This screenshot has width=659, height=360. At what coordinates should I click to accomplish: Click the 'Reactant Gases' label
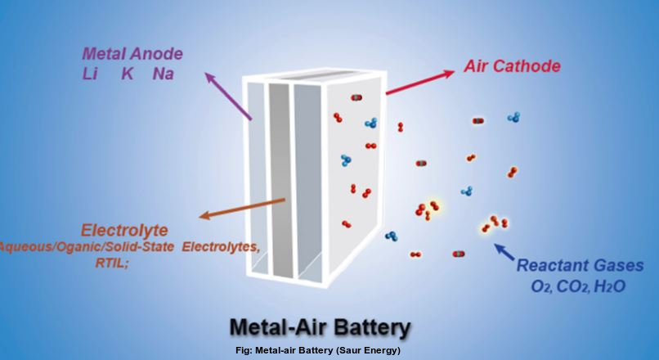click(580, 266)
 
